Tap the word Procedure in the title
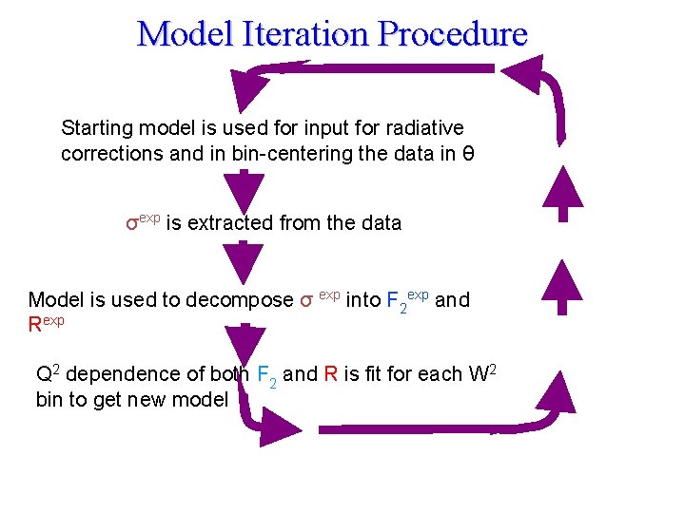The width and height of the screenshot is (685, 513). tap(452, 34)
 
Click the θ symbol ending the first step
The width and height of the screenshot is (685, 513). tap(458, 154)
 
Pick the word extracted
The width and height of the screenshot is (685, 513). tap(231, 223)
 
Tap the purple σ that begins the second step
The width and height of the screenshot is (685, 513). tap(132, 224)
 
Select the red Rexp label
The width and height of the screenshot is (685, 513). tap(46, 325)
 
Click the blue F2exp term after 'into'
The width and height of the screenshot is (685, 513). tap(407, 300)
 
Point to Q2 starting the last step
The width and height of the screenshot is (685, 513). tap(49, 373)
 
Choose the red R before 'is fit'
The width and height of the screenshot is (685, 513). tap(330, 374)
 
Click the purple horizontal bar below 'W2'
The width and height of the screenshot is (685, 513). tap(409, 430)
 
